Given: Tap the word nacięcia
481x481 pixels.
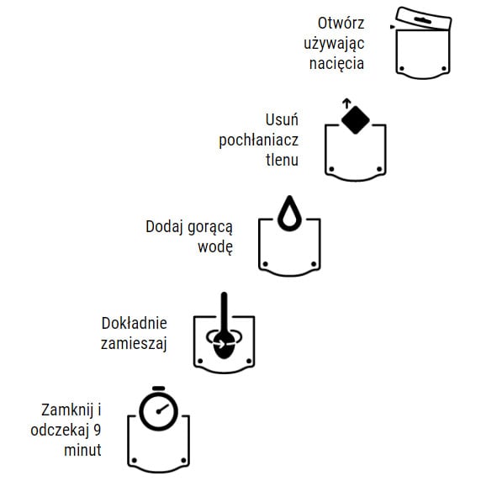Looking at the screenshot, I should click(338, 63).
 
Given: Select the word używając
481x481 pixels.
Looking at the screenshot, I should click(334, 43).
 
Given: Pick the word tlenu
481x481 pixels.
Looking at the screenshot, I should click(282, 159).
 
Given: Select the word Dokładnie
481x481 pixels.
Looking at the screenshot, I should click(135, 323).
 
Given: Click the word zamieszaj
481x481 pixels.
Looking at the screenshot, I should click(135, 342).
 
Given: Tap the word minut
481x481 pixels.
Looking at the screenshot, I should click(82, 451).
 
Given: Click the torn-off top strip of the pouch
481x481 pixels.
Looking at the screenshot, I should click(423, 18).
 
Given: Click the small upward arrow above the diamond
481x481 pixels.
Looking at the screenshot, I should click(346, 103).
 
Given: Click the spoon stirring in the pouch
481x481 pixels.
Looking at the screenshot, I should click(224, 332).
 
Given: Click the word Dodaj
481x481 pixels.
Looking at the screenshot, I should click(164, 227).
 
